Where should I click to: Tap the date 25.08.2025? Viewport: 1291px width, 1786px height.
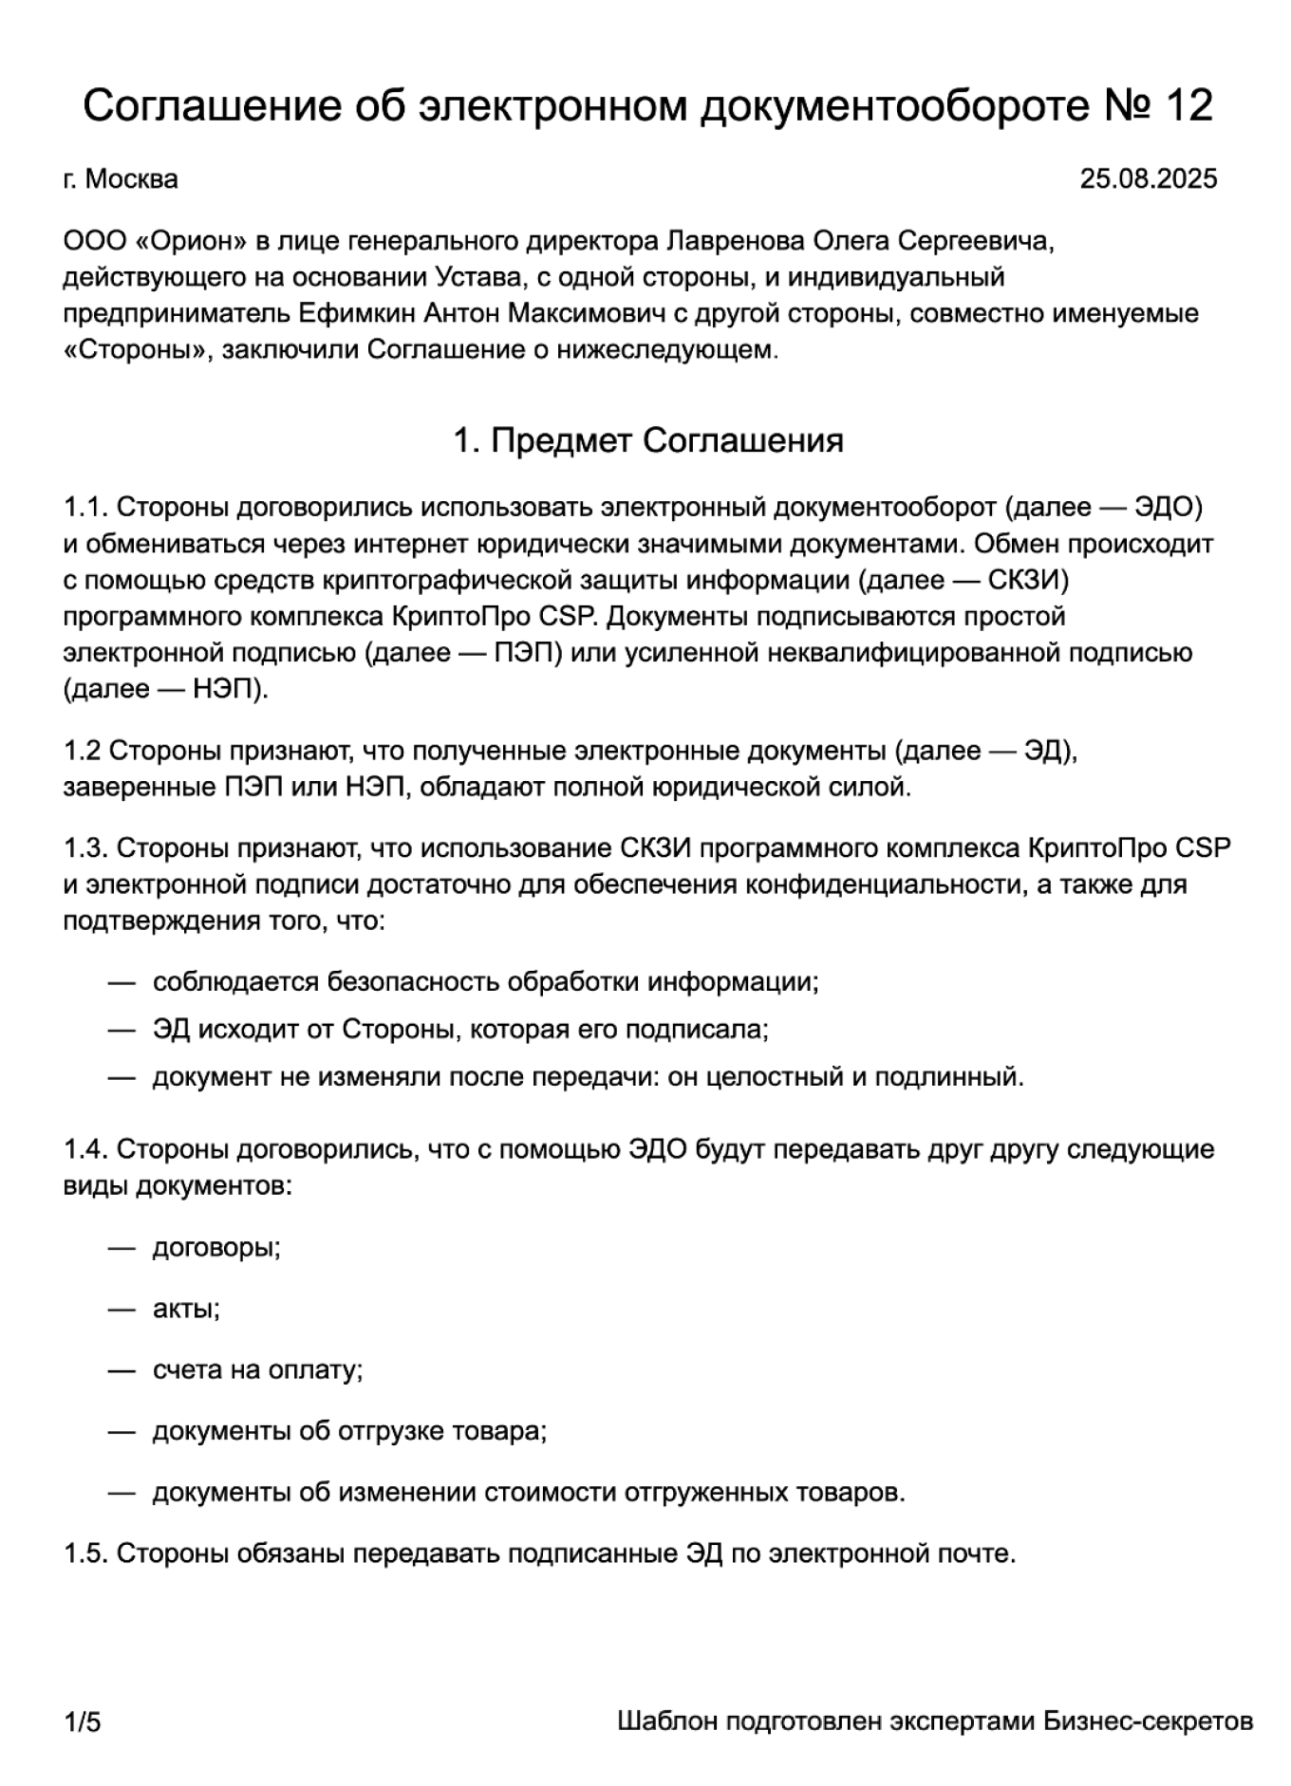tap(1148, 178)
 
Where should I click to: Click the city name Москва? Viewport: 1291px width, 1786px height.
tap(131, 178)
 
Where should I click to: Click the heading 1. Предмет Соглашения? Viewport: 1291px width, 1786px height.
tap(647, 440)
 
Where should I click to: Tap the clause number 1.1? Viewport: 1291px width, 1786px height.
tap(85, 508)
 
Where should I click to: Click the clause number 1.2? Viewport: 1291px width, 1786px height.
tap(82, 751)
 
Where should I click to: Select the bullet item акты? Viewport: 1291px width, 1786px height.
tap(186, 1309)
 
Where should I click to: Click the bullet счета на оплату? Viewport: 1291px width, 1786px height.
tap(257, 1369)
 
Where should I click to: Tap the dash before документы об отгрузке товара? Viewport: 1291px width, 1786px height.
tap(122, 1431)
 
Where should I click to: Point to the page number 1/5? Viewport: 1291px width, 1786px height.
tap(82, 1721)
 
